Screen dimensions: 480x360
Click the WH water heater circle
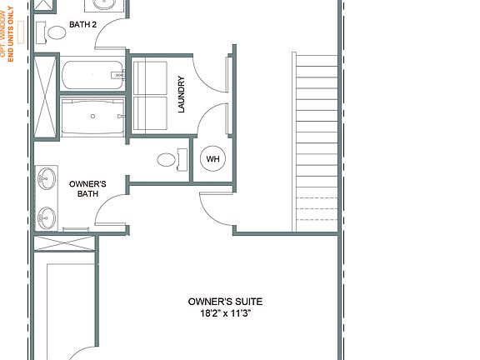tap(212, 158)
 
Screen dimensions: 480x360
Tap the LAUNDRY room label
tap(181, 94)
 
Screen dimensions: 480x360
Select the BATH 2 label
tap(82, 24)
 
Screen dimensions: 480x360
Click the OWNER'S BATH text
tap(87, 188)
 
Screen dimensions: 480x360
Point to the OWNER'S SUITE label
tap(225, 302)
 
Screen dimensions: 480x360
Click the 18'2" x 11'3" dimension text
tap(226, 313)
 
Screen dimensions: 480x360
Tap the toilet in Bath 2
tap(51, 32)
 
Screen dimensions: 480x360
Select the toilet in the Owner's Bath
tap(172, 160)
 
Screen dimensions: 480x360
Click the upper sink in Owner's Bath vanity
tap(47, 178)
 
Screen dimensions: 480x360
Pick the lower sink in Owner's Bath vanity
tap(47, 218)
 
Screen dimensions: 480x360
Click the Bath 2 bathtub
tap(92, 75)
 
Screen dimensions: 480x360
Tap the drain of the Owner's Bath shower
tap(92, 116)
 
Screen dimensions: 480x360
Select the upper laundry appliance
tap(150, 78)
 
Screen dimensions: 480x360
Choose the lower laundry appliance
tap(150, 113)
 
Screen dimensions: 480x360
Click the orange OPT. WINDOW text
tap(3, 34)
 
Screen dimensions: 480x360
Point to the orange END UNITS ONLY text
tap(11, 34)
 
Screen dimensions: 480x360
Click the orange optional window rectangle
tap(21, 32)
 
